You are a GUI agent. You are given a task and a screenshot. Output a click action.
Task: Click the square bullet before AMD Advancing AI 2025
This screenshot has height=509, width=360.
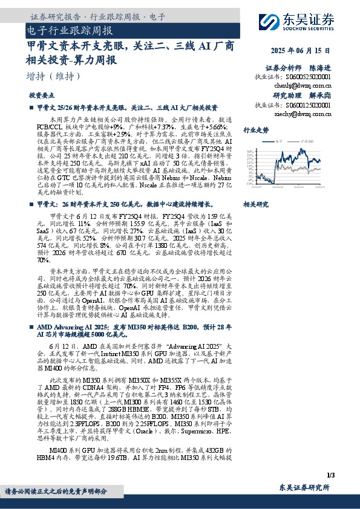click(x=31, y=326)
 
